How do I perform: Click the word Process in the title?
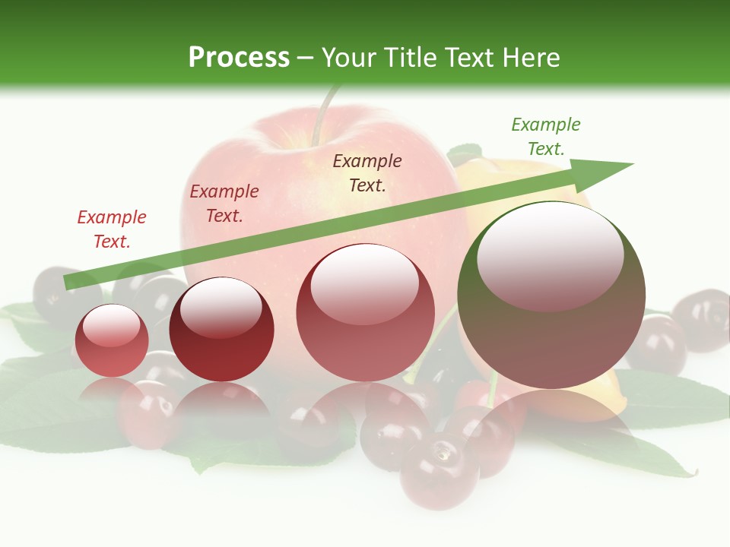pyautogui.click(x=239, y=58)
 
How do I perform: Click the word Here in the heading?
pyautogui.click(x=532, y=58)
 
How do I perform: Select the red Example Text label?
pyautogui.click(x=112, y=229)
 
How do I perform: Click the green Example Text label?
pyautogui.click(x=545, y=137)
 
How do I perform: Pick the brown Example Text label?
pyautogui.click(x=367, y=172)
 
